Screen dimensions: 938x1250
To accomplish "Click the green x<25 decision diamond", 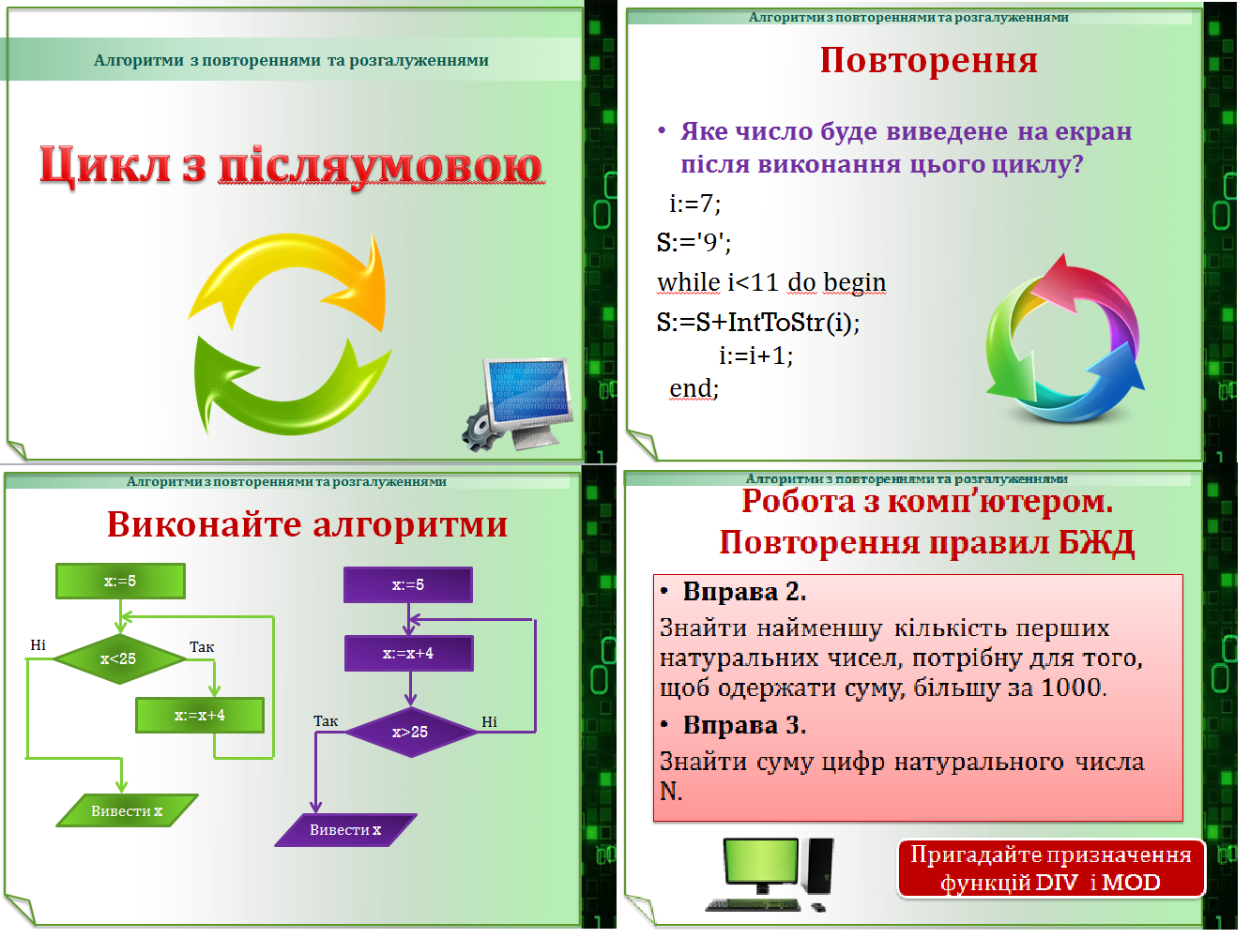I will (x=119, y=659).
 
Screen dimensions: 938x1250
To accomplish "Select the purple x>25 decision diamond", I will (x=410, y=733).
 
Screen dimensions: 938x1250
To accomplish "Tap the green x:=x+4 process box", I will (x=200, y=716).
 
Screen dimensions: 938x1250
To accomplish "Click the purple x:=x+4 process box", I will (x=408, y=654).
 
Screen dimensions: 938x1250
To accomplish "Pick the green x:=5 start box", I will (x=120, y=582).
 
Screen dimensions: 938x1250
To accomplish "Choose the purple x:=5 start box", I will (x=408, y=585).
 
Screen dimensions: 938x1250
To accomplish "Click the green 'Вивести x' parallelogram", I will (x=127, y=811).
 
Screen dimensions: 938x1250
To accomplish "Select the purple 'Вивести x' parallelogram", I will (x=345, y=830).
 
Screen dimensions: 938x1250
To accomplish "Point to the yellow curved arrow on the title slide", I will (x=300, y=277).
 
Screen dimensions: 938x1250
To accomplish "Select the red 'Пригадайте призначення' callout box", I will (x=1050, y=869).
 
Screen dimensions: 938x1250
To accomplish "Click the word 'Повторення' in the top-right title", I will (x=928, y=61).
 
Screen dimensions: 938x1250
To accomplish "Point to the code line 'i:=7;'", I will (x=694, y=204).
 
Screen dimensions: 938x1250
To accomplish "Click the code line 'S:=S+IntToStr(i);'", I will (x=758, y=323).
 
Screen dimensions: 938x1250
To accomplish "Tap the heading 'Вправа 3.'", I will (x=744, y=725).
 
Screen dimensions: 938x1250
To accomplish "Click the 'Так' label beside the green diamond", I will (x=202, y=647).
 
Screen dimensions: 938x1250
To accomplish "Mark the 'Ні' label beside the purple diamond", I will (x=489, y=722).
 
